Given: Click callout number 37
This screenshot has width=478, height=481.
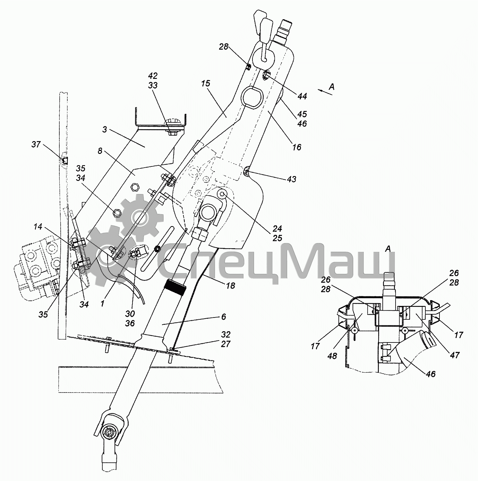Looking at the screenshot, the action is point(36,145).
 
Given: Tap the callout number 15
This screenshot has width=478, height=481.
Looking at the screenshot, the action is point(206,84).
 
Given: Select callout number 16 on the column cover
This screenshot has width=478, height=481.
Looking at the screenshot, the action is point(297,147).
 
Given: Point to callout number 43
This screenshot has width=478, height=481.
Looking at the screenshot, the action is point(291,179).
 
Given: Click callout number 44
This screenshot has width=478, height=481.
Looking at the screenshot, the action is point(302,96).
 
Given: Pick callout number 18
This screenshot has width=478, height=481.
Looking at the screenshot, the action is point(230,285).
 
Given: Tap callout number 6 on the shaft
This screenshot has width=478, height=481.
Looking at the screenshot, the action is point(224,316).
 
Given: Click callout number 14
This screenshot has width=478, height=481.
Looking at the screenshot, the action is point(38,227).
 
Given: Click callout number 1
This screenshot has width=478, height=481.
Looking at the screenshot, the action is point(102,303).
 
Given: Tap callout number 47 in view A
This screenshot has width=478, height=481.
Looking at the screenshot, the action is point(455,355).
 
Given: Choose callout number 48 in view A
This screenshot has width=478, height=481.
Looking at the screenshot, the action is point(332,356).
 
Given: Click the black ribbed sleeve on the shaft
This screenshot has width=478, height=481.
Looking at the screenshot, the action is point(175,287).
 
